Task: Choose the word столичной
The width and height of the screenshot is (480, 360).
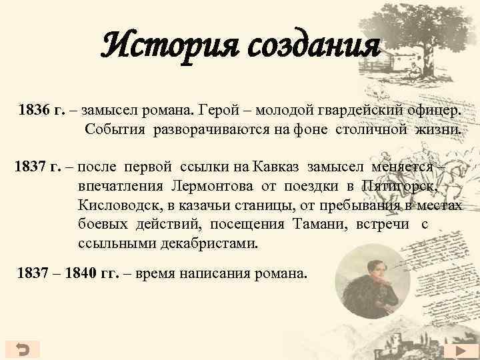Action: [370, 129]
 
